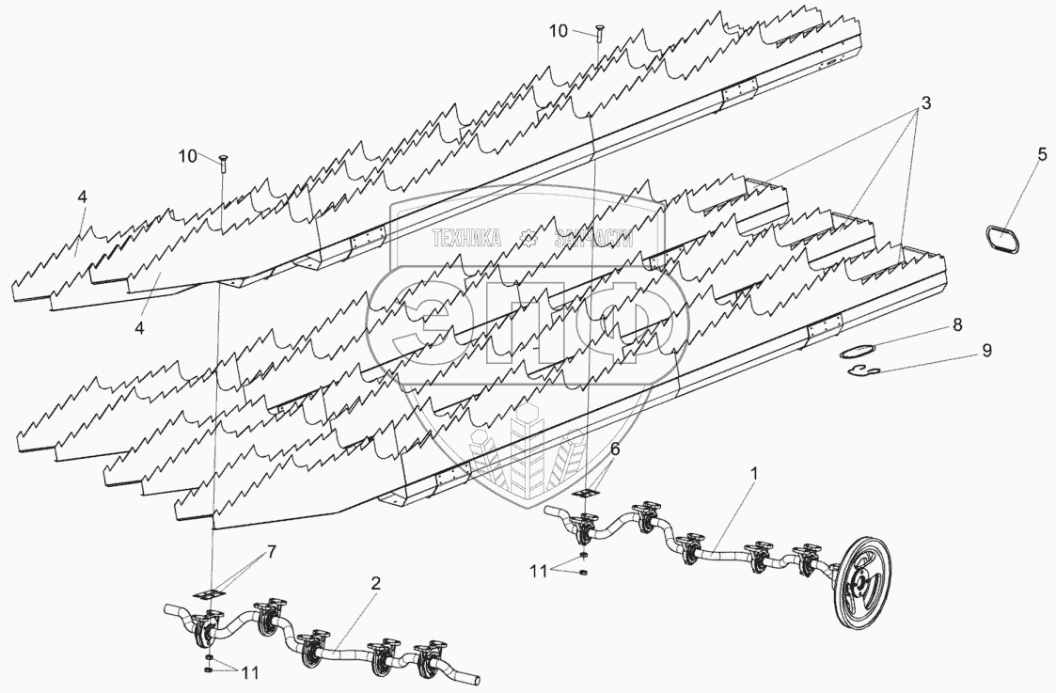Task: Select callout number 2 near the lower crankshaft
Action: [x=375, y=584]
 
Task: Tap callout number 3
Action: [x=925, y=104]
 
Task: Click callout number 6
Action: [x=614, y=449]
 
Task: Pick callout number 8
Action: [x=956, y=326]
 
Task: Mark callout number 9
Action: [x=985, y=350]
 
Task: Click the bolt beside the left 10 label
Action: [x=222, y=164]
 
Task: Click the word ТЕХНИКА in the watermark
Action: [x=465, y=239]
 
